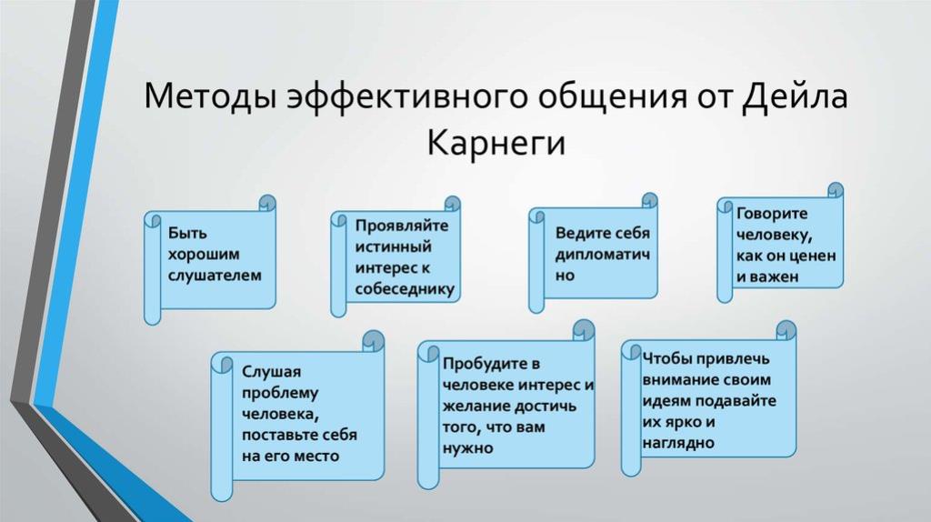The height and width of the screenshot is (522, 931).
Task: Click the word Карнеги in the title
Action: tap(496, 143)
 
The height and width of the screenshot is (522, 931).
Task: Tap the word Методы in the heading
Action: tap(210, 96)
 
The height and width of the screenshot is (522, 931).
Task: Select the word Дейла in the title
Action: tap(795, 96)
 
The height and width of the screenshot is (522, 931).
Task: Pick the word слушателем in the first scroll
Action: tap(215, 276)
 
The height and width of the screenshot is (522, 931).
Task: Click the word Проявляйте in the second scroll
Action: tap(402, 226)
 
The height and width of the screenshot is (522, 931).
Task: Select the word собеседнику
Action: tap(405, 289)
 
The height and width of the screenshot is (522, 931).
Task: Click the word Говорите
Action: tap(772, 213)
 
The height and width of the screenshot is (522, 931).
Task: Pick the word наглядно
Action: tap(678, 443)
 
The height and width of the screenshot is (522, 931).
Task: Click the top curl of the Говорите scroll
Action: tap(835, 191)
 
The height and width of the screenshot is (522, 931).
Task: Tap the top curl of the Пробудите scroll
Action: tap(584, 330)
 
